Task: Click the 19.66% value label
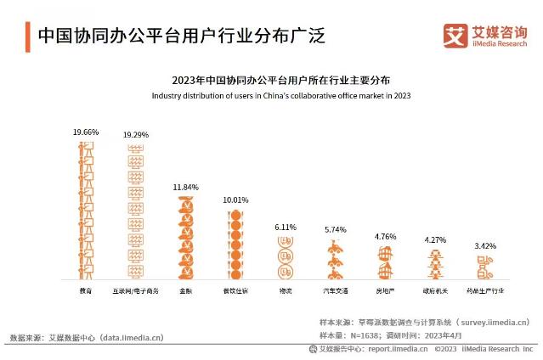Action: [x=86, y=132]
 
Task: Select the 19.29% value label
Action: [x=136, y=134]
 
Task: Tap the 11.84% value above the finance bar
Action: [x=185, y=187]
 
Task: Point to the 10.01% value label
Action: [x=235, y=200]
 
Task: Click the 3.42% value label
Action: [x=486, y=246]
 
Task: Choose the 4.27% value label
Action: [x=436, y=240]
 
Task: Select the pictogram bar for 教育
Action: [x=85, y=210]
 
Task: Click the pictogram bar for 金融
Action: [x=186, y=238]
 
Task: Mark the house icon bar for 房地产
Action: [x=385, y=263]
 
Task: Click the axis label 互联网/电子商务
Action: [x=136, y=290]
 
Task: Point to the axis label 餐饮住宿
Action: [x=235, y=290]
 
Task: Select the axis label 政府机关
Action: [x=436, y=290]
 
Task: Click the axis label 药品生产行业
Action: [x=486, y=290]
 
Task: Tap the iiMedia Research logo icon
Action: [x=456, y=35]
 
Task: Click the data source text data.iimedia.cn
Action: [x=132, y=337]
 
